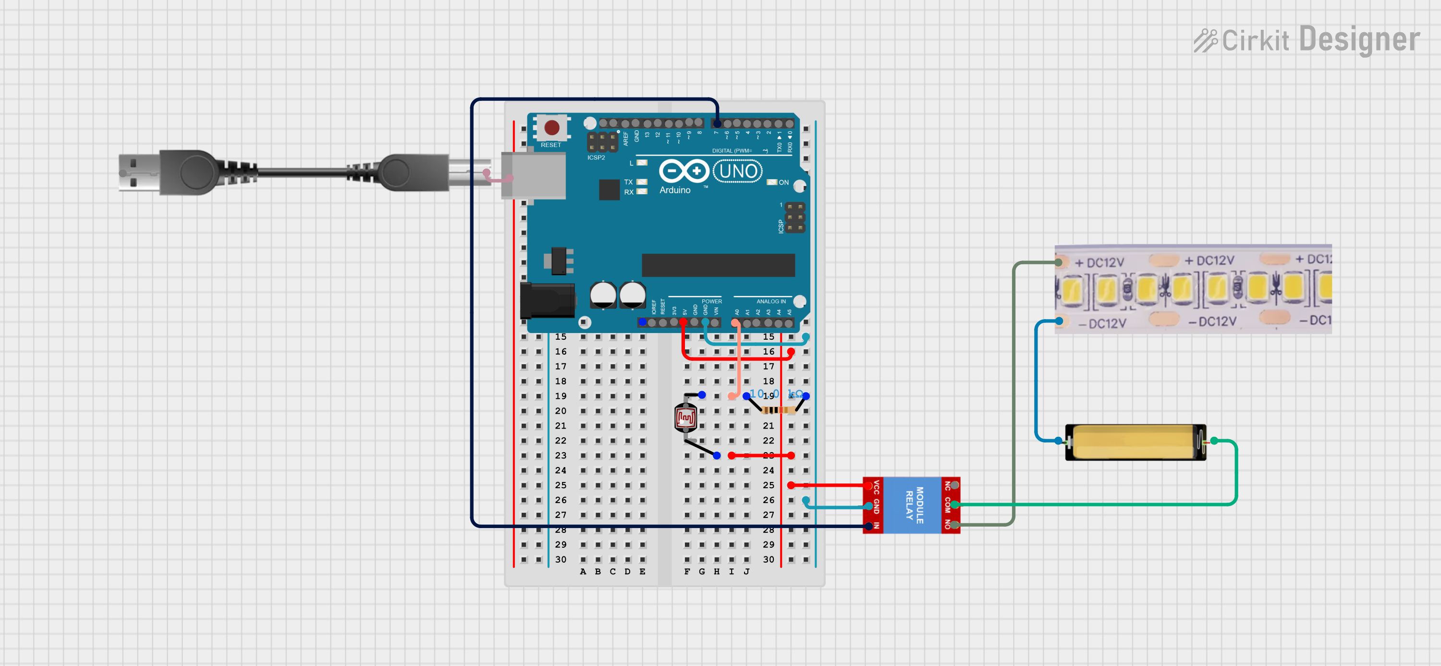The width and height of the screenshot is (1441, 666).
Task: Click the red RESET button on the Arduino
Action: pyautogui.click(x=551, y=128)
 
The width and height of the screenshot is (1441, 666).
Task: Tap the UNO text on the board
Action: pyautogui.click(x=738, y=171)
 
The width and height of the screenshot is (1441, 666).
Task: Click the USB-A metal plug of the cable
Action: pyautogui.click(x=137, y=173)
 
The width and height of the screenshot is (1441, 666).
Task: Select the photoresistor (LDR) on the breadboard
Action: pyautogui.click(x=685, y=418)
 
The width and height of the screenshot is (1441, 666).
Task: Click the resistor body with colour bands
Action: pyautogui.click(x=778, y=410)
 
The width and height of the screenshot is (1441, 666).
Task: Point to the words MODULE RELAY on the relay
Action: pyautogui.click(x=914, y=505)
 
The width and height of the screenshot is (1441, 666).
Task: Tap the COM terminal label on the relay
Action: pyautogui.click(x=947, y=505)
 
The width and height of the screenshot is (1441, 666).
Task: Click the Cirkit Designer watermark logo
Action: pyautogui.click(x=1306, y=40)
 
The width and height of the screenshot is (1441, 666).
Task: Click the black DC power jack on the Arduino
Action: pyautogui.click(x=547, y=300)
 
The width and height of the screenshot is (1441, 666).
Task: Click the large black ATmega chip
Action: pyautogui.click(x=718, y=265)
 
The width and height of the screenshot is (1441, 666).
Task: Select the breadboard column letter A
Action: pyautogui.click(x=583, y=571)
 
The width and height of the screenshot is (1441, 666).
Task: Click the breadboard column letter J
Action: pyautogui.click(x=746, y=571)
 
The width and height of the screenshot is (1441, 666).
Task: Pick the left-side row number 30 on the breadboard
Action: pyautogui.click(x=561, y=559)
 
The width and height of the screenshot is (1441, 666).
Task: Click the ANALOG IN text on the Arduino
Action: pyautogui.click(x=770, y=301)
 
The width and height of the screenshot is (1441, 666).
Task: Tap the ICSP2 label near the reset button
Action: pyautogui.click(x=596, y=157)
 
